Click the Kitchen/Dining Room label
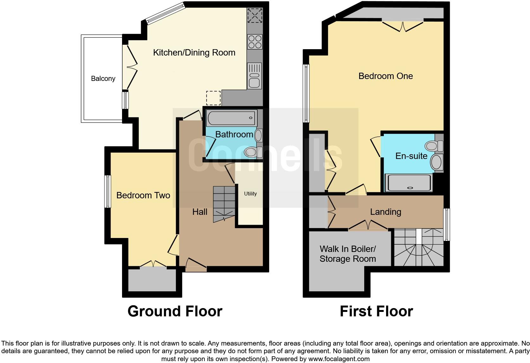click(194, 53)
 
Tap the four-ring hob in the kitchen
click(255, 42)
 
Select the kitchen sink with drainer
click(255, 76)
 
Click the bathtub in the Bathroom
click(232, 118)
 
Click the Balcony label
click(103, 78)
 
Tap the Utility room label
click(250, 194)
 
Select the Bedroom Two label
click(143, 195)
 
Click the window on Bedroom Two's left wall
click(108, 192)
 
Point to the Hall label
click(200, 212)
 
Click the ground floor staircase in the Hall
click(224, 204)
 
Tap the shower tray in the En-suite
click(409, 182)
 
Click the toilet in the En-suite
click(434, 146)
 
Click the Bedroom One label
click(386, 76)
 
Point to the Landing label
click(386, 212)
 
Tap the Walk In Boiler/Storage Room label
click(348, 254)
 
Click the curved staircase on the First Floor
click(418, 247)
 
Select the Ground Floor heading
click(175, 311)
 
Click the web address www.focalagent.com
click(339, 359)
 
